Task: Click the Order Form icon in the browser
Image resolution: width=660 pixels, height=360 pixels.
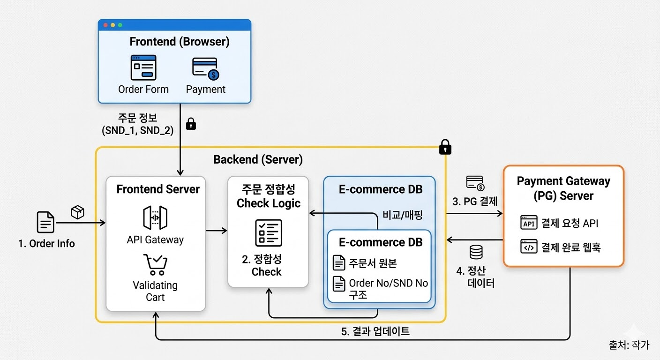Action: click(x=143, y=67)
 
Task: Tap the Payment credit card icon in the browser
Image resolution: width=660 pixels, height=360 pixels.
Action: click(x=205, y=68)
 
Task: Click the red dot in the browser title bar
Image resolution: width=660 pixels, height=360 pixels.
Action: click(x=105, y=25)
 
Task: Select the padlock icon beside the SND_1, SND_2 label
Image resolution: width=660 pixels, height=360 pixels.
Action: click(x=191, y=124)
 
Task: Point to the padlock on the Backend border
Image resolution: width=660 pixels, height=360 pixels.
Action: click(x=445, y=148)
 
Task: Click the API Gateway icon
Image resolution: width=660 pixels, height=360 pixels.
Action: click(x=155, y=218)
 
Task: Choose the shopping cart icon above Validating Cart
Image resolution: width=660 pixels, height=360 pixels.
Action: click(x=155, y=264)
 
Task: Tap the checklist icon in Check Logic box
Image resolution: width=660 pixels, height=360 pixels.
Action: click(x=269, y=232)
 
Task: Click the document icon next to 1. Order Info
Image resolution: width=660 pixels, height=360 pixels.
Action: click(x=45, y=222)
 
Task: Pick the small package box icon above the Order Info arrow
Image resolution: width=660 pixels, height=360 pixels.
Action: click(x=77, y=212)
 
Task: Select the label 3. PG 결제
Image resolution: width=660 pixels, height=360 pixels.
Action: click(x=475, y=202)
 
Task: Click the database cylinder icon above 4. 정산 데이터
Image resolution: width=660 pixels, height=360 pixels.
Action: click(x=476, y=252)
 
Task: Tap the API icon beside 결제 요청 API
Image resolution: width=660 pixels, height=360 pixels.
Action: click(x=529, y=223)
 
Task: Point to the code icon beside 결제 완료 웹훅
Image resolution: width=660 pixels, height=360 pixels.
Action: click(x=529, y=247)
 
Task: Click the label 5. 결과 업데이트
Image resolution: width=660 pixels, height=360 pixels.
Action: click(x=375, y=331)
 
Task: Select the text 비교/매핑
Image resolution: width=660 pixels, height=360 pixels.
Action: click(x=403, y=215)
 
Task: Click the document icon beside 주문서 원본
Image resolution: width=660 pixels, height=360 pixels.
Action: click(x=339, y=262)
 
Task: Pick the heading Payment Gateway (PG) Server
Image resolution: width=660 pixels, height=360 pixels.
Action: click(x=563, y=188)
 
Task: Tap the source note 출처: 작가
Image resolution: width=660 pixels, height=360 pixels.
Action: click(x=629, y=345)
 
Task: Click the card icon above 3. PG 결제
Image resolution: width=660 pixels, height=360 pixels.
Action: click(x=475, y=183)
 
